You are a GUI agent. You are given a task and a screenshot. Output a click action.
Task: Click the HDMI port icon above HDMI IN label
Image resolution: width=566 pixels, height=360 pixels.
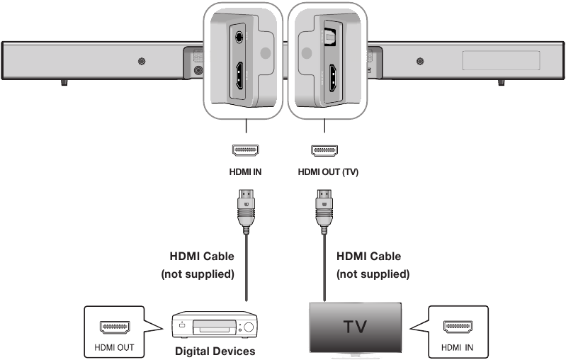coord(245,150)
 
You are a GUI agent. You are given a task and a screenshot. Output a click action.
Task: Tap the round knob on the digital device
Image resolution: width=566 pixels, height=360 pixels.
coord(249,328)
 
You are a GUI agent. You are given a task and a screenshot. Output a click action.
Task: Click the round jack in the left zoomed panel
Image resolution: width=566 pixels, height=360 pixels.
coord(238,39)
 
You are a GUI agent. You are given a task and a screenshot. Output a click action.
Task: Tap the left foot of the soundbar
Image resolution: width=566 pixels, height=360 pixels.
coord(64,82)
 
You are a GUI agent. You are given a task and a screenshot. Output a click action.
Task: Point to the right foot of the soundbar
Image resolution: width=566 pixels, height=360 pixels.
coord(502,82)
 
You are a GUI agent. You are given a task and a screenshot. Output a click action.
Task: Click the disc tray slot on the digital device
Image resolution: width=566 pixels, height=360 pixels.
coord(215,328)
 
